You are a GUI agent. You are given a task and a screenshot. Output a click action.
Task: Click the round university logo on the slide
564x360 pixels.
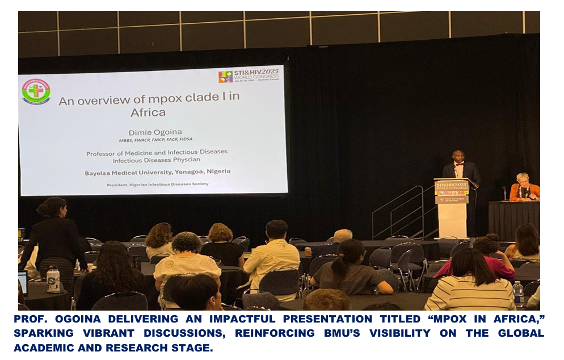coord(36,91)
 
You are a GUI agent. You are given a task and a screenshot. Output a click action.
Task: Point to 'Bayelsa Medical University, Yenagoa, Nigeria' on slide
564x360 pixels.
coord(158,171)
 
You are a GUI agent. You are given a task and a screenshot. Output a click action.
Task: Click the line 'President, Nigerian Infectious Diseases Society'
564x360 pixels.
coord(157,184)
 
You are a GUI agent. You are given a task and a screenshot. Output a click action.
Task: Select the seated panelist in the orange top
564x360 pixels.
coord(523,189)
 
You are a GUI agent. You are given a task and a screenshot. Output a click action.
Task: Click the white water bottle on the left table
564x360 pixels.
coord(53,279)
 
